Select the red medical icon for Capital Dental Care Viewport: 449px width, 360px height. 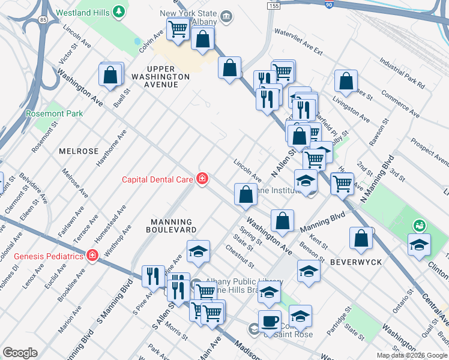point(203,178)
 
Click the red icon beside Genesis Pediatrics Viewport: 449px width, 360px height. point(92,256)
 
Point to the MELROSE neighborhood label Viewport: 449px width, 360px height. point(78,151)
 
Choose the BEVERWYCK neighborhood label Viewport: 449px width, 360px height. point(352,262)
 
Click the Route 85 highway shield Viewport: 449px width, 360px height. point(42,20)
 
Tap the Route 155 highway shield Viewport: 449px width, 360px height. point(273,5)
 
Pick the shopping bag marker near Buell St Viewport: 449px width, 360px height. point(110,75)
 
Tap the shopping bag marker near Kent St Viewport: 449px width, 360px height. point(361,238)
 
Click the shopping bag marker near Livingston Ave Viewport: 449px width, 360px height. point(346,80)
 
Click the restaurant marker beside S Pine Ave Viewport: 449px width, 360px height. point(153,275)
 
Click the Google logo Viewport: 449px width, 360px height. point(20,353)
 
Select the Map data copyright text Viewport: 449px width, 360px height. point(412,355)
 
